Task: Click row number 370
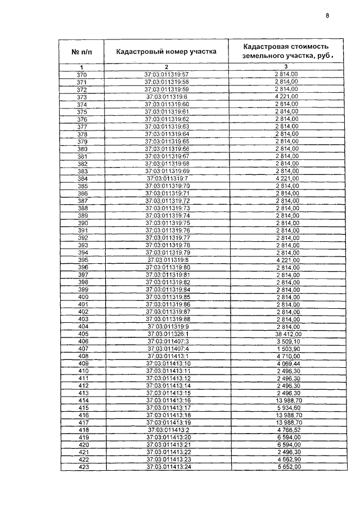[82, 75]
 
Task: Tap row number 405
[83, 334]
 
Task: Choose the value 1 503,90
[287, 349]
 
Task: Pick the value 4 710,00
[287, 356]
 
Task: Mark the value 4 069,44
[287, 363]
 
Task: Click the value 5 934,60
[287, 408]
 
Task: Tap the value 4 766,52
[287, 430]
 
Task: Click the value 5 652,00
[287, 467]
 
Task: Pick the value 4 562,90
[287, 460]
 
